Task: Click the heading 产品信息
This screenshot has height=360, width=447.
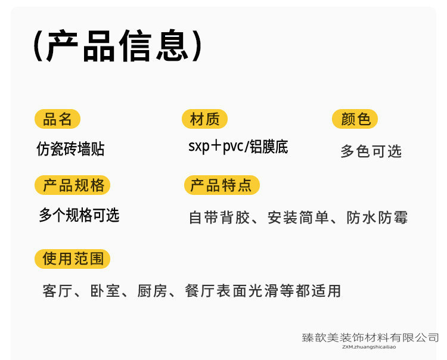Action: coord(117,46)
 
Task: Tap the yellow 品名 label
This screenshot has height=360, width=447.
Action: coord(57,119)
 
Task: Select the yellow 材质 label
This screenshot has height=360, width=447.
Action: coord(204,119)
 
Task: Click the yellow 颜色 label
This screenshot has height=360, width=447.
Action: coord(355,119)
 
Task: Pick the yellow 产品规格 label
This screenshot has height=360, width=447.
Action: coord(73,185)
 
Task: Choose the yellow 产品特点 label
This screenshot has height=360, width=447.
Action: coord(221,185)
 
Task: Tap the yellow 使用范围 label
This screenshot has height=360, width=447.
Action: coord(73,259)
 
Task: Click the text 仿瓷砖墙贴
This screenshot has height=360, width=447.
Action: coord(70,149)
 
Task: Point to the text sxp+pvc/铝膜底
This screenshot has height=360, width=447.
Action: coord(238,147)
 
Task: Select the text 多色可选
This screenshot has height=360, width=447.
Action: coord(371,151)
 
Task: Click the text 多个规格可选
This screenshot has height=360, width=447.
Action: coord(79,215)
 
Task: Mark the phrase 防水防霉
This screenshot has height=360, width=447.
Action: coord(377,218)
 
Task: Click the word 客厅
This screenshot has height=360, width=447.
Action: coord(57,291)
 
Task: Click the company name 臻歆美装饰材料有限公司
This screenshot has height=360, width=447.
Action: coord(370,338)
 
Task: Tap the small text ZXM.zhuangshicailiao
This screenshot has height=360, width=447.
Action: coord(370,346)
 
